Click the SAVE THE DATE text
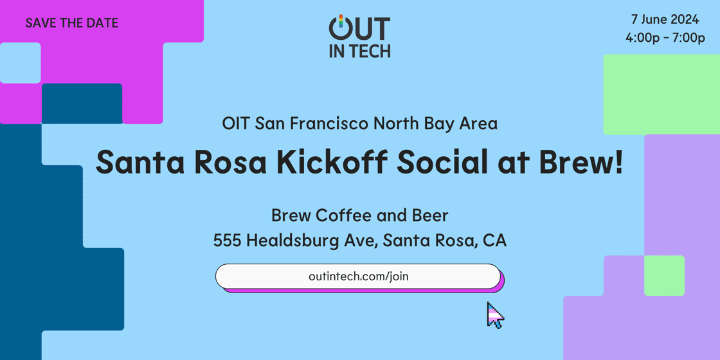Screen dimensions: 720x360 coord(71,23)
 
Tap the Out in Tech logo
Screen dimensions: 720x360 coord(359,36)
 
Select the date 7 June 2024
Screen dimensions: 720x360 coord(665,20)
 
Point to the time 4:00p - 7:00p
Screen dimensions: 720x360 coord(665,39)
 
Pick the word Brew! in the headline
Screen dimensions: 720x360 coord(584,163)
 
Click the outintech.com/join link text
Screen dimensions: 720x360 coord(359,276)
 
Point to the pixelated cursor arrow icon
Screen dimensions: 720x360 coord(496,315)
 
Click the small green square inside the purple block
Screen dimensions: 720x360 coord(665,276)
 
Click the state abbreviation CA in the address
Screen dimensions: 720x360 coord(494,240)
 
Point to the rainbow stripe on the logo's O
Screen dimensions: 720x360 coord(341,20)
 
